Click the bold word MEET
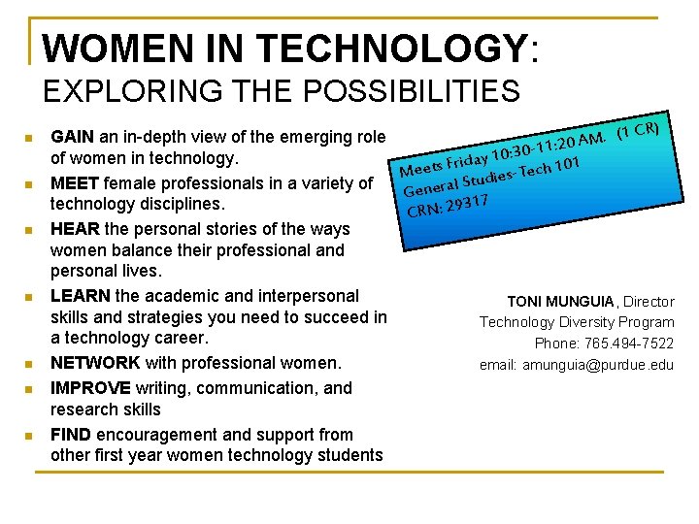click(x=71, y=183)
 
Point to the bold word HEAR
click(x=70, y=230)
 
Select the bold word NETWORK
click(x=95, y=363)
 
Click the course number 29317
click(x=465, y=203)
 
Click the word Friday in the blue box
click(x=467, y=159)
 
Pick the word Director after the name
click(x=649, y=302)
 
